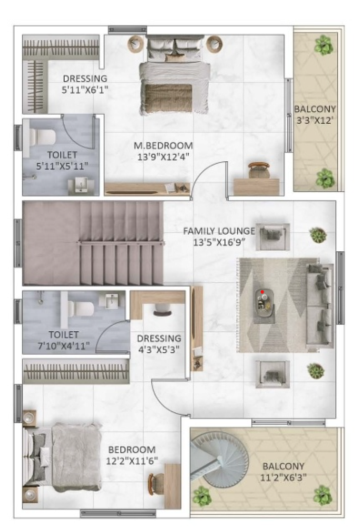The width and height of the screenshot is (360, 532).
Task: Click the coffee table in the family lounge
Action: (265, 305)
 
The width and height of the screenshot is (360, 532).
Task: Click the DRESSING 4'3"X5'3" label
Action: (159, 344)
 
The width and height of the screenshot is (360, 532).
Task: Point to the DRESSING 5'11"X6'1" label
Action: (85, 84)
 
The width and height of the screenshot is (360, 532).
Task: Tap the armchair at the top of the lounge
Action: (271, 236)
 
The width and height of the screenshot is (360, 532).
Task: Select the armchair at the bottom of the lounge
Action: (271, 371)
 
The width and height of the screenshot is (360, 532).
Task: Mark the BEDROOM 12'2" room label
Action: (132, 450)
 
